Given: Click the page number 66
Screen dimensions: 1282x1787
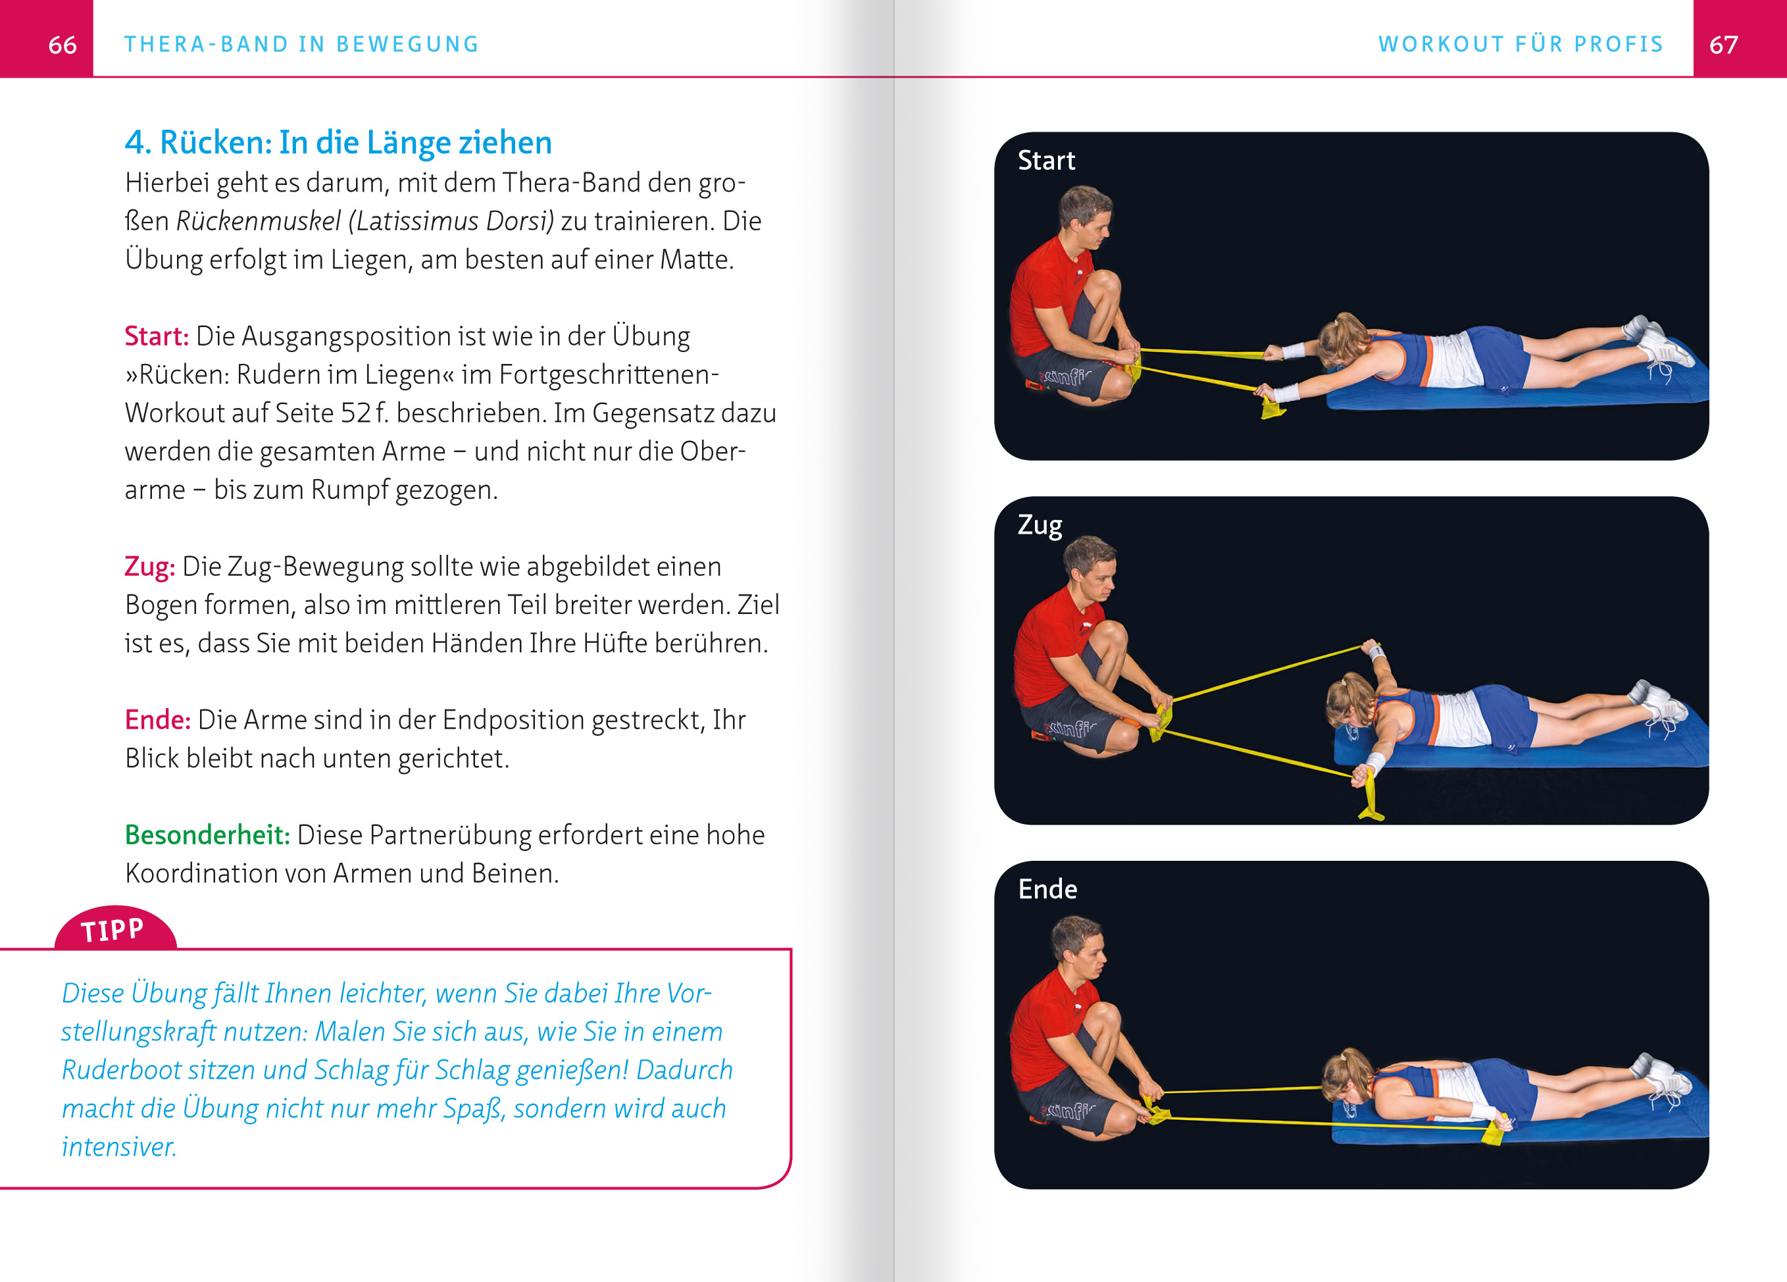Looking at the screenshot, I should (x=63, y=45).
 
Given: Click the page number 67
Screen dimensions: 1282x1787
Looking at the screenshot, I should (x=1723, y=45).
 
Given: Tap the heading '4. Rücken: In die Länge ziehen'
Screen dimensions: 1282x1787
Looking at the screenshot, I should (x=338, y=143).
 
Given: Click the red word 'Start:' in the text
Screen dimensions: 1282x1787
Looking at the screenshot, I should (x=156, y=336).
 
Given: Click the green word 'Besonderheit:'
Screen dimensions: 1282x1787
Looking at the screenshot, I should (x=207, y=835).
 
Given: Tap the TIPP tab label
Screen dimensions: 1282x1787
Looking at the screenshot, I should (x=113, y=931).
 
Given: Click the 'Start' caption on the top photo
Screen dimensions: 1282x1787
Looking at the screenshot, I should (x=1045, y=161).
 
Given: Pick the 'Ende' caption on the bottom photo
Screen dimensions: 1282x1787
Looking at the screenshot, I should (x=1047, y=890).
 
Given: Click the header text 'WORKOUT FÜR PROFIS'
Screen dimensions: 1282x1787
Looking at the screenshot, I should (x=1520, y=44).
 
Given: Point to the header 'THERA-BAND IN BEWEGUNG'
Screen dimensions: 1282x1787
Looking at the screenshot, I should (x=302, y=44).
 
